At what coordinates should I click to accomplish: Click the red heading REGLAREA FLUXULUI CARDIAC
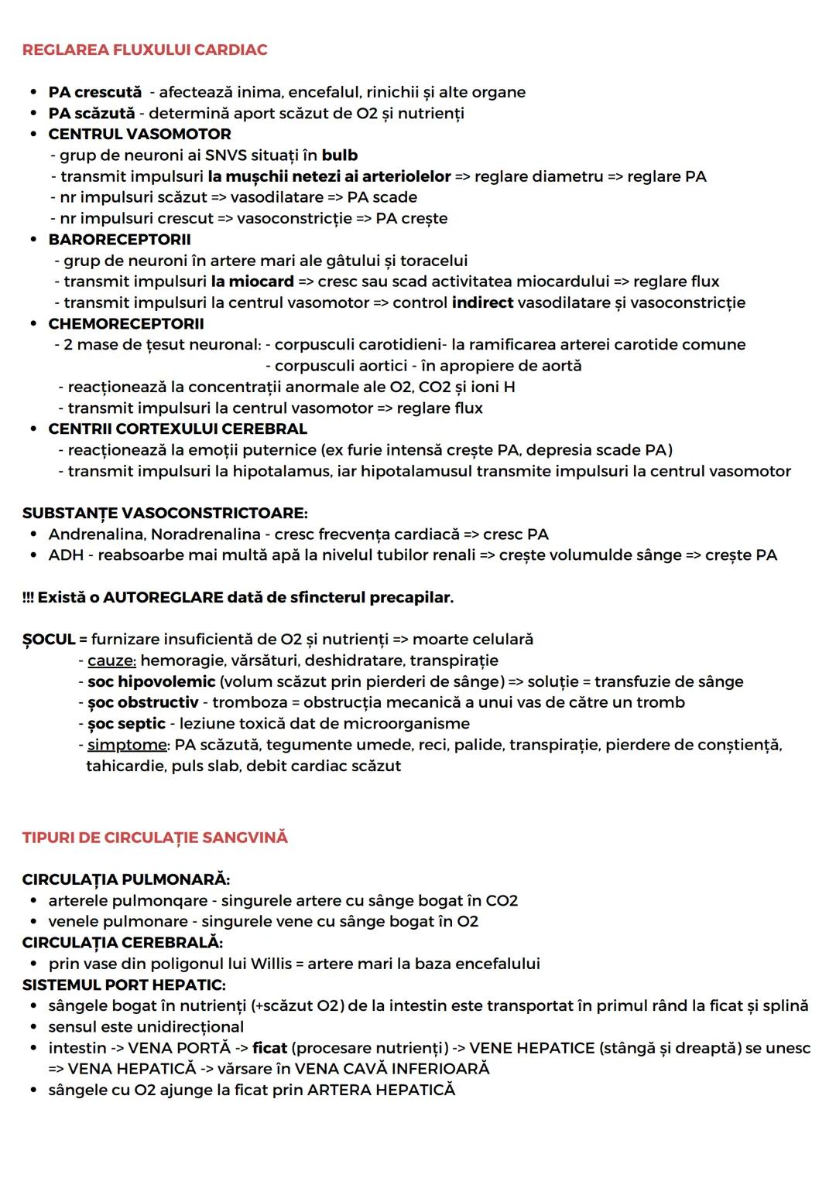point(145,50)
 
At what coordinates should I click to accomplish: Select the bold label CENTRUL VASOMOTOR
point(139,135)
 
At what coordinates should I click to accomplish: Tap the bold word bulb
point(340,155)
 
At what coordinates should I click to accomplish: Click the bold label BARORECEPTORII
point(119,240)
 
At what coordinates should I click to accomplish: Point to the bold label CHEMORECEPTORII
point(126,324)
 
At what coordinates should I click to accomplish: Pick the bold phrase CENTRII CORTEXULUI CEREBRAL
point(177,429)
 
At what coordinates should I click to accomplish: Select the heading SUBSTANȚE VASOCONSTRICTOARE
point(165,514)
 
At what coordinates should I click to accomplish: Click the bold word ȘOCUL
point(49,640)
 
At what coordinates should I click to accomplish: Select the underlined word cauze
point(111,660)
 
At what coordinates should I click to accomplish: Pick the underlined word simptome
point(128,745)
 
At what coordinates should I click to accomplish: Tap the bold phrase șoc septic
point(126,724)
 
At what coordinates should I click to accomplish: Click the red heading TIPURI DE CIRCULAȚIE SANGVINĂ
point(155,838)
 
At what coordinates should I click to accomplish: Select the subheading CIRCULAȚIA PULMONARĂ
point(126,880)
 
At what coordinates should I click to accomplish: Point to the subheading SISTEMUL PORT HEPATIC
point(124,985)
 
